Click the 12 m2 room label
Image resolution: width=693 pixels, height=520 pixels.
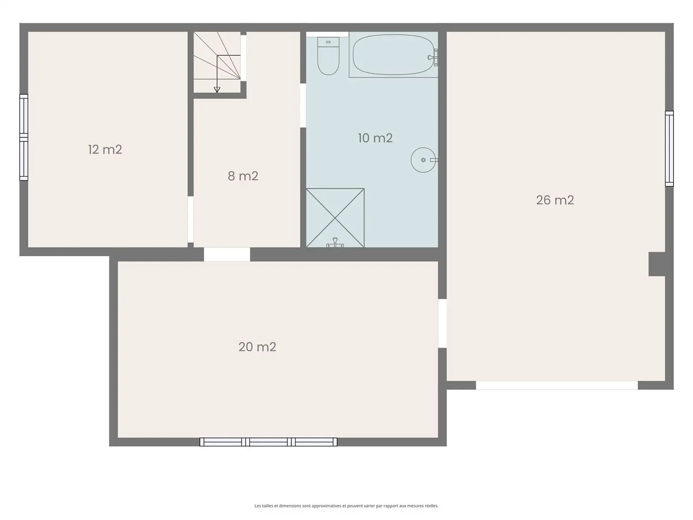105,150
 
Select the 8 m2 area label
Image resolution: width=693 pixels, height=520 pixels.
243,176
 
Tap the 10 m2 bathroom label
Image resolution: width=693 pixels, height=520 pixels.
375,138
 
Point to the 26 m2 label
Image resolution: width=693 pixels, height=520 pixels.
555,200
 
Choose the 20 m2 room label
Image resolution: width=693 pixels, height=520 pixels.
258,347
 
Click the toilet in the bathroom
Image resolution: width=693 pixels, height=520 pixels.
328,56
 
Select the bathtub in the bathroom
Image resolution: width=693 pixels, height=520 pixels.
394,55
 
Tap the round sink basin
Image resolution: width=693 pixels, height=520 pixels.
423,160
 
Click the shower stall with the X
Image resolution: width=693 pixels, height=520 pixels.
335,218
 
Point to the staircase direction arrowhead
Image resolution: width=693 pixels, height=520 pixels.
217,90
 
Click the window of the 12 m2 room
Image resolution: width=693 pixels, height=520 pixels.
24,137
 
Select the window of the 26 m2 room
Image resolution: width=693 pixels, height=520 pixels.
669,149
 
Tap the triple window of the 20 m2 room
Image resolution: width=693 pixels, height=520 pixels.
268,442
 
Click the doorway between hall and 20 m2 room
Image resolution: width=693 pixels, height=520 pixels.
227,255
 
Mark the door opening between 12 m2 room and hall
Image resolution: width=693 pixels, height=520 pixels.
191,220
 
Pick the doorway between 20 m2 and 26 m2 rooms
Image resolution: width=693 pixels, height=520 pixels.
442,323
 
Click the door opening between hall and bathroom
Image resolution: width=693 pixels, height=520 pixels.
303,105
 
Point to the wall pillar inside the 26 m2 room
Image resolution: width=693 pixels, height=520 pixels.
657,264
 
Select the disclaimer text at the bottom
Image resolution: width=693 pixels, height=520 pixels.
346,505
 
